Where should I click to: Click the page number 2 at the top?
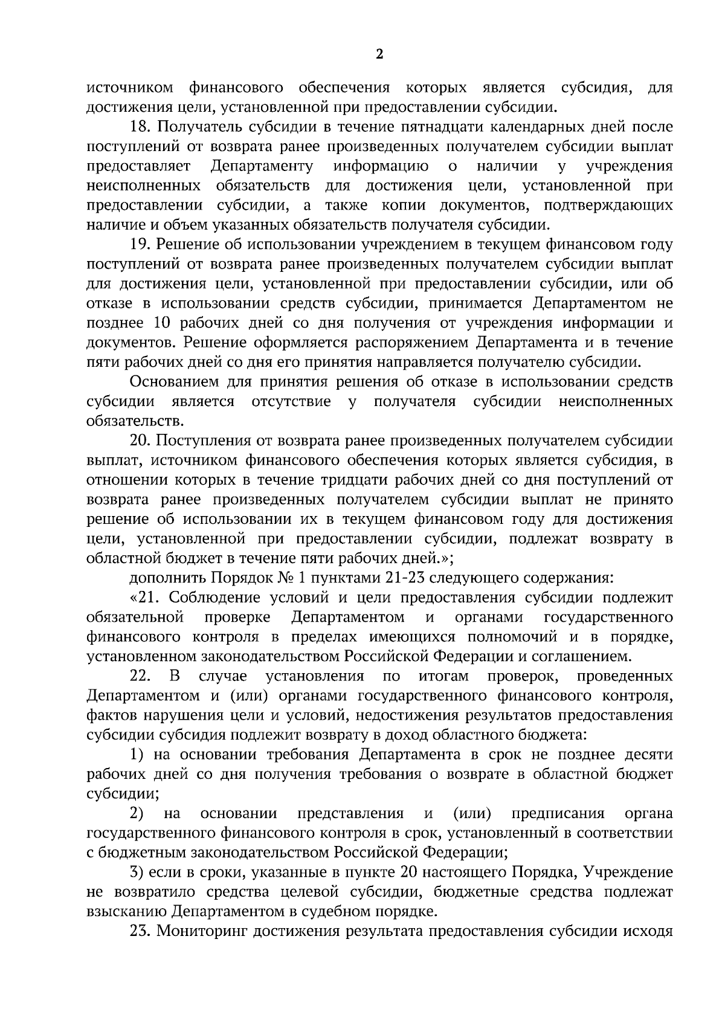(379, 54)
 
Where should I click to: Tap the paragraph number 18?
(140, 127)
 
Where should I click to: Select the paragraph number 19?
(140, 244)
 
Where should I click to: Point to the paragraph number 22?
(140, 676)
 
